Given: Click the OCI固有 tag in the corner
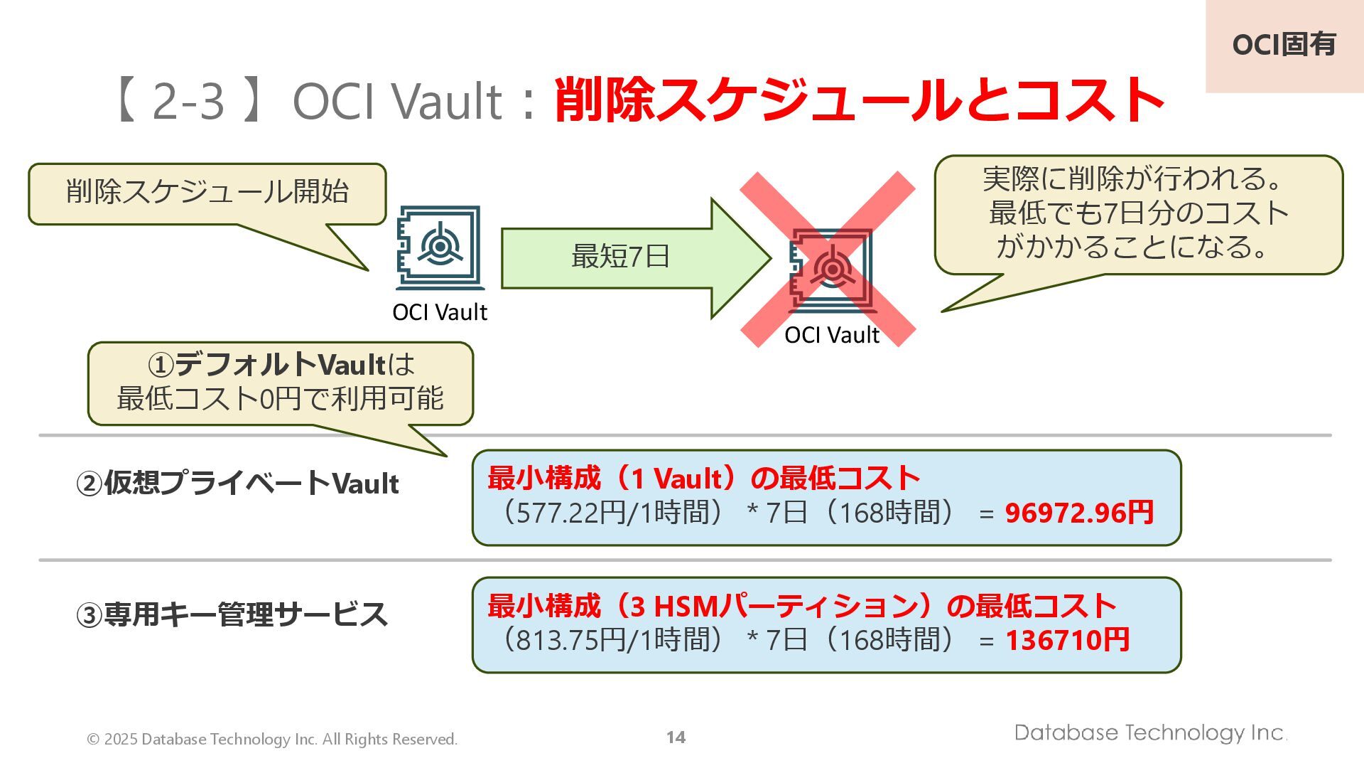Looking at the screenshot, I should [1284, 45].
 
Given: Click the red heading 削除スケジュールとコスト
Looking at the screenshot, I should [858, 100].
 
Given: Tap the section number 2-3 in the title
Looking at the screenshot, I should [188, 100].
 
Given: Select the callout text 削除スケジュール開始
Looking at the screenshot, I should [207, 192].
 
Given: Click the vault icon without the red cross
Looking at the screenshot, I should [440, 247].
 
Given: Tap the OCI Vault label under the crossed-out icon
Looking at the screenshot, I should [832, 335].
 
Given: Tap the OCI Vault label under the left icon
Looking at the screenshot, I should [440, 312].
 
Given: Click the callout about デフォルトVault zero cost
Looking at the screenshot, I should [280, 382].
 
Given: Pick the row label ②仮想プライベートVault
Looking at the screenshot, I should [237, 484].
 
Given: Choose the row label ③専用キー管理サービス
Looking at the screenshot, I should [232, 614].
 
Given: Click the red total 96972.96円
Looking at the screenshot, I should [1079, 513].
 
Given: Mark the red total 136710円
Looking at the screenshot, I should [1067, 640].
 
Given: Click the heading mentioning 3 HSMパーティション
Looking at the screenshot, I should [801, 607].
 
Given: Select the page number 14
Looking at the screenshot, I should [676, 737].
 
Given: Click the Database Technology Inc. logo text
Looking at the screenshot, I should [1150, 732].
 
